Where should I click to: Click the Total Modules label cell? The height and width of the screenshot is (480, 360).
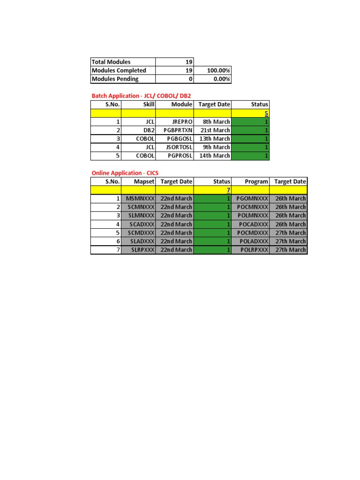[112, 62]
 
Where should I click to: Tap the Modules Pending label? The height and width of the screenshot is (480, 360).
[115, 79]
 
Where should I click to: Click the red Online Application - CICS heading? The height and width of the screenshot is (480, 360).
[125, 173]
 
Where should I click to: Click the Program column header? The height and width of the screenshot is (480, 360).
[256, 181]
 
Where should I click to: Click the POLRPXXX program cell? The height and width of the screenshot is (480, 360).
[254, 250]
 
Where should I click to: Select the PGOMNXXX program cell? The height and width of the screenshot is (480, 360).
[253, 198]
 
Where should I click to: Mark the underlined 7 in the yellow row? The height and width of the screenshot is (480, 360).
[228, 190]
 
